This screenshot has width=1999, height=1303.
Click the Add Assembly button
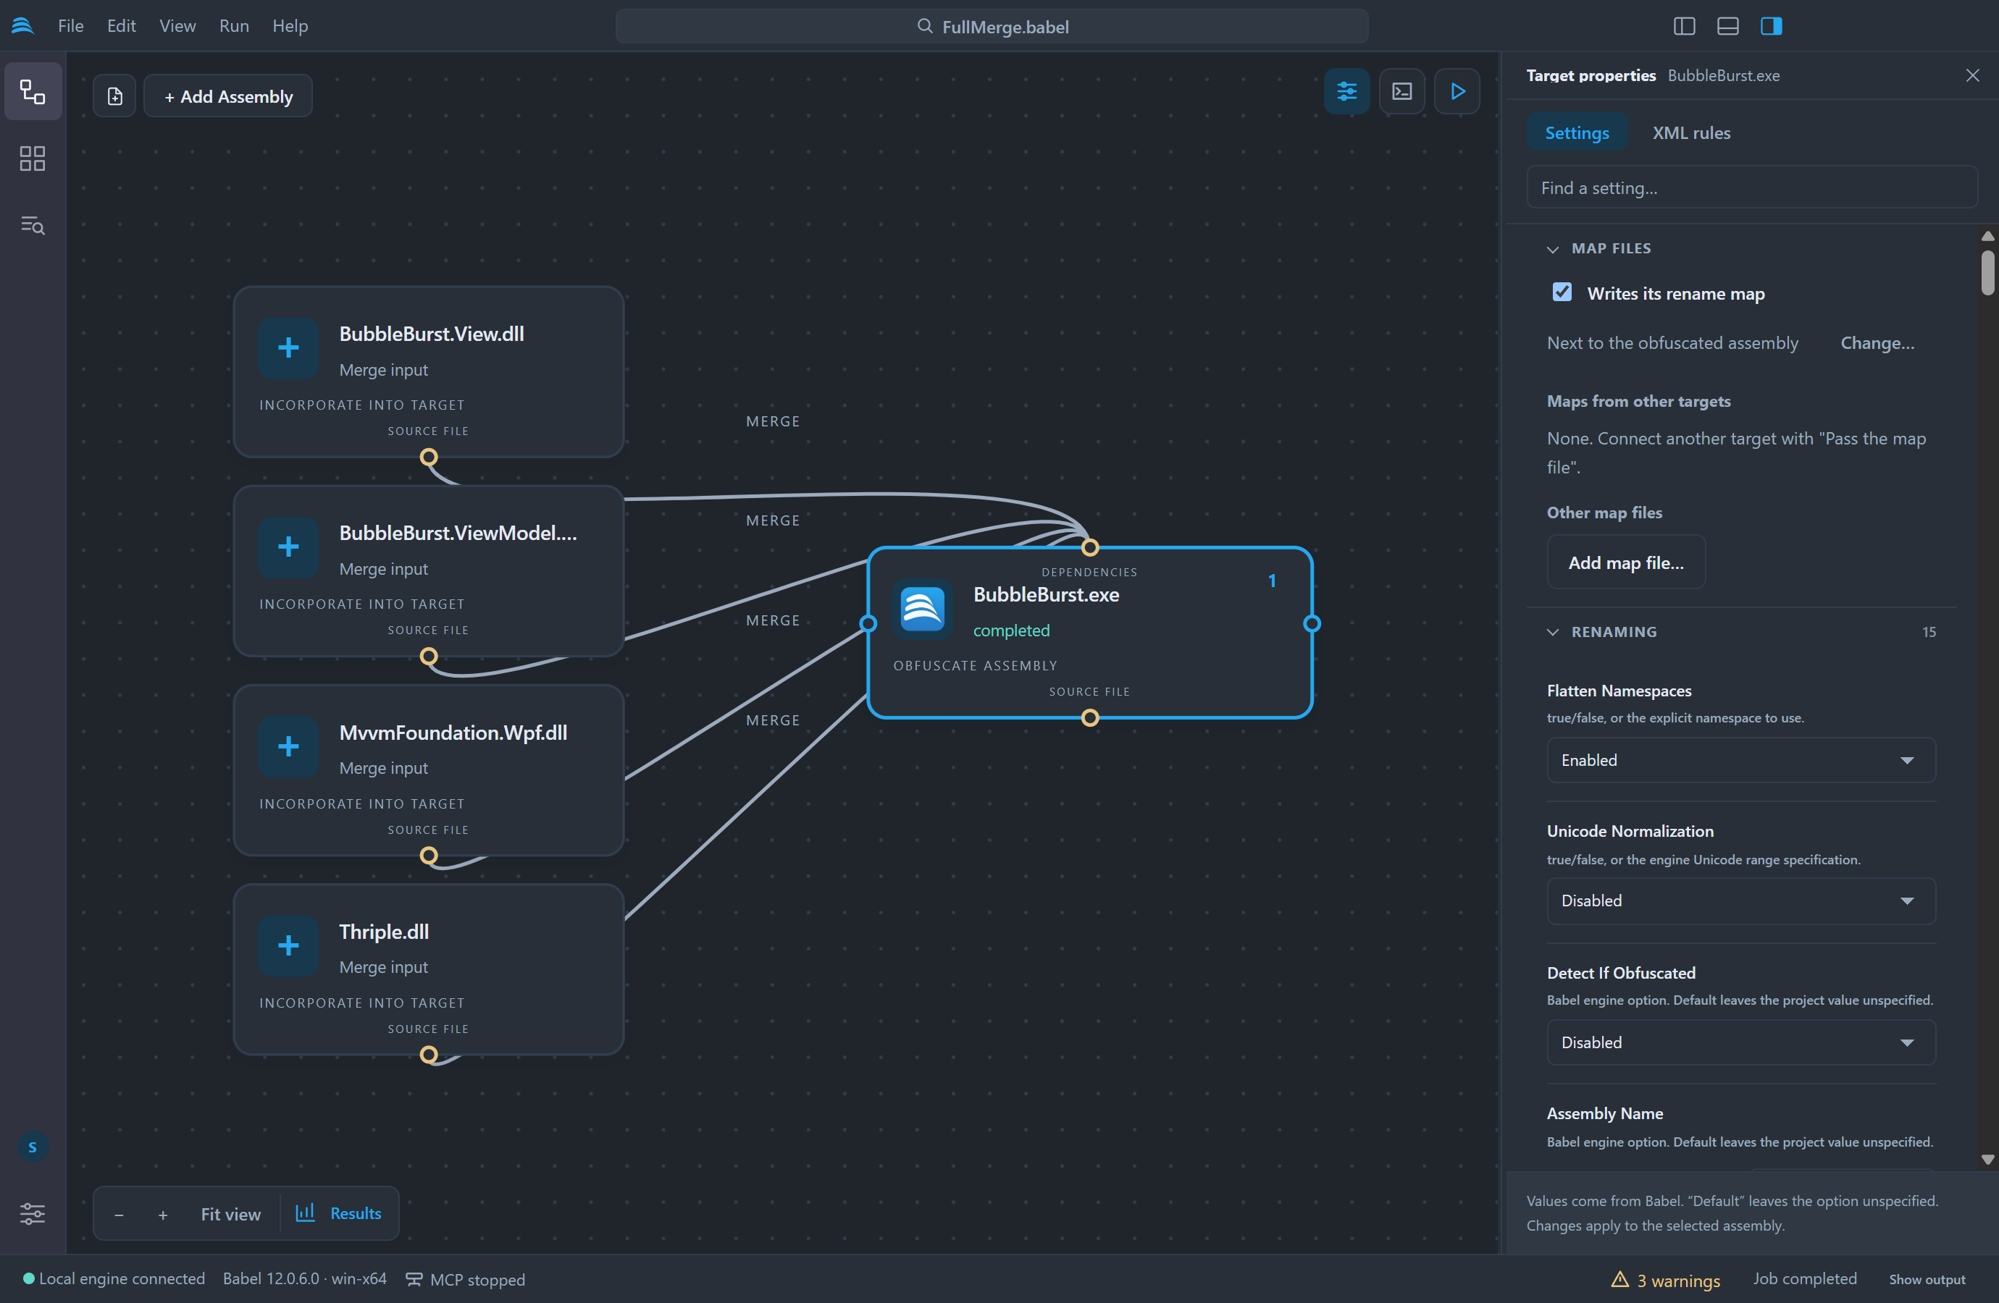(x=227, y=96)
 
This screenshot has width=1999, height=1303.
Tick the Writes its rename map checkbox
(x=1562, y=292)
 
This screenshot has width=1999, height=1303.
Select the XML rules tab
(x=1690, y=132)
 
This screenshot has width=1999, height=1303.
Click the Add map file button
(x=1625, y=562)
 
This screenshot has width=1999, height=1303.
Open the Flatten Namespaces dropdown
(x=1740, y=760)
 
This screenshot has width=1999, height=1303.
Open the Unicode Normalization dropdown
(x=1740, y=900)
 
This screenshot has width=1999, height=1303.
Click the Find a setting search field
(x=1751, y=187)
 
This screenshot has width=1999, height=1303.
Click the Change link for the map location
(x=1877, y=342)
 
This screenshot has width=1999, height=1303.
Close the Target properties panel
(x=1972, y=75)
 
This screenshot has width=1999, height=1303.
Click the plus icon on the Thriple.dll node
(x=288, y=945)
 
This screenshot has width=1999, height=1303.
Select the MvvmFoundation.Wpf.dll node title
(x=453, y=732)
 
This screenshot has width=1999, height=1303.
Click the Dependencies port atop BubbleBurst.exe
(x=1089, y=547)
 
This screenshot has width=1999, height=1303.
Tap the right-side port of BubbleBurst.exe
(x=1312, y=624)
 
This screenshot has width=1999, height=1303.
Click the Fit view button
(x=230, y=1213)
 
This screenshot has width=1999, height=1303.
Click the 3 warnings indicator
(x=1666, y=1280)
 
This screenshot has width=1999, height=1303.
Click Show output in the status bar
(x=1927, y=1280)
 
